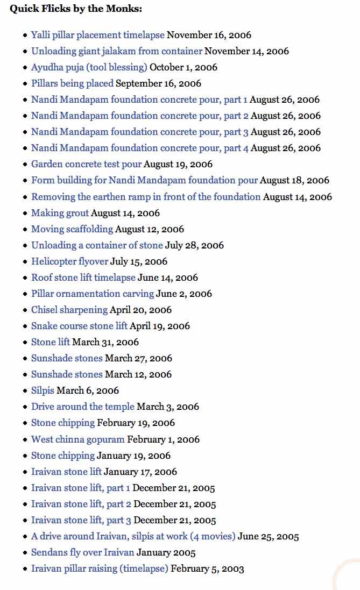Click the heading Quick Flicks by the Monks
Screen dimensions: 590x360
[x=75, y=9]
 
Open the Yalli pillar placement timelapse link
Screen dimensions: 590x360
[x=97, y=35]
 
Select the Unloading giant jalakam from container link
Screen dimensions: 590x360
[x=116, y=51]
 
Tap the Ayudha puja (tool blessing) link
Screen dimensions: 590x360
[x=89, y=67]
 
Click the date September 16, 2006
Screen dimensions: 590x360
[x=158, y=83]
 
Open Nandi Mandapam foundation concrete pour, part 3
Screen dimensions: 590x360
[x=139, y=132]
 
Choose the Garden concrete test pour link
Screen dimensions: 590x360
[x=86, y=164]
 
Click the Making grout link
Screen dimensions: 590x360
[x=60, y=213]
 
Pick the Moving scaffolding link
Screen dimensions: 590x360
[x=72, y=229]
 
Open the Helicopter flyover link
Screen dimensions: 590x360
[x=69, y=261]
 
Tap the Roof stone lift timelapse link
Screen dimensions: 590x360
[x=83, y=278]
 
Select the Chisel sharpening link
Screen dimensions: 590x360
[x=69, y=310]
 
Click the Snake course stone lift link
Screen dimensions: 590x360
[x=79, y=326]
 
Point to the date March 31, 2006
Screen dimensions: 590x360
[x=105, y=342]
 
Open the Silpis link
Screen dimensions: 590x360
[x=43, y=390]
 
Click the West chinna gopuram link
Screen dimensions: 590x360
[x=77, y=439]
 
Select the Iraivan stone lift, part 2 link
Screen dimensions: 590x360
[x=81, y=504]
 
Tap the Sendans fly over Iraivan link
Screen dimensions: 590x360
[x=82, y=552]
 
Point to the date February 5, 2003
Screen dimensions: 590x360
[x=207, y=568]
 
